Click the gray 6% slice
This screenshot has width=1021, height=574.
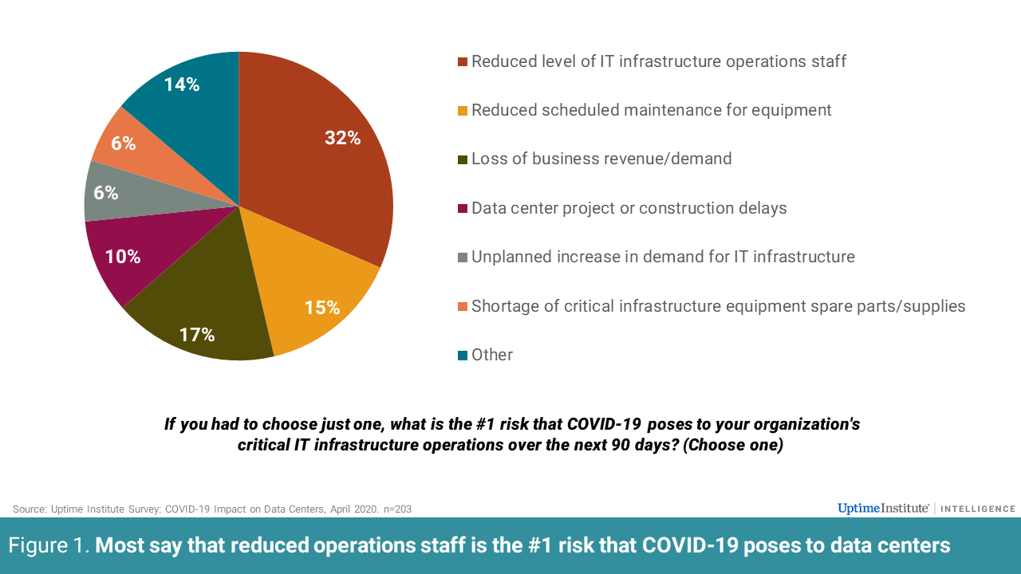(x=108, y=193)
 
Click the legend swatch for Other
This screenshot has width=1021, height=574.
(x=463, y=356)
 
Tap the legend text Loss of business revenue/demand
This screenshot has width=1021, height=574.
(x=601, y=159)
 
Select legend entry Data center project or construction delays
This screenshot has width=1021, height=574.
(x=629, y=208)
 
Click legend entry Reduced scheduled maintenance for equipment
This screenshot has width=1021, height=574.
(x=651, y=110)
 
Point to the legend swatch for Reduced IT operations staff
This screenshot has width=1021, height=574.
(x=463, y=61)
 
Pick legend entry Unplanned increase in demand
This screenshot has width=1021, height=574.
(x=663, y=257)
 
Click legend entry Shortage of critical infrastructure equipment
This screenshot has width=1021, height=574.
(x=718, y=306)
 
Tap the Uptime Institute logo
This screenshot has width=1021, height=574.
(x=883, y=509)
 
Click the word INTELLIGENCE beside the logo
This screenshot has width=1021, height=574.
(x=978, y=509)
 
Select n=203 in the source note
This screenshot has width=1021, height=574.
(x=396, y=509)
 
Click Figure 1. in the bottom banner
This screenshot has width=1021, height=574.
(x=49, y=545)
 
